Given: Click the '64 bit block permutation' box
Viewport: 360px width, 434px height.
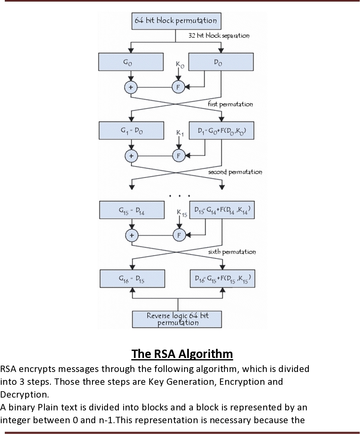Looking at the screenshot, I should click(x=176, y=21).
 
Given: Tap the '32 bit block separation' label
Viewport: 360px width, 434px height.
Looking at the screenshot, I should click(x=219, y=36).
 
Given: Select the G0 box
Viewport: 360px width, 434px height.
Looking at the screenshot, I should click(x=131, y=62).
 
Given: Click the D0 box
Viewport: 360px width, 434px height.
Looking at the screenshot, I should click(x=220, y=62).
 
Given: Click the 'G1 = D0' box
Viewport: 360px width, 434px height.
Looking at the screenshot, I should click(x=131, y=130).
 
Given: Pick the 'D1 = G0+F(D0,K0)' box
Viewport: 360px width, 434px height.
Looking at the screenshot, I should click(x=221, y=130).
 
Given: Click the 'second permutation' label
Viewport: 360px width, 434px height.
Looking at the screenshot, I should click(x=235, y=172).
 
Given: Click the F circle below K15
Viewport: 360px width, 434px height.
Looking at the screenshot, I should click(x=178, y=235).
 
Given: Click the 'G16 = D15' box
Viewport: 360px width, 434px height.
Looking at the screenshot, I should click(x=132, y=278).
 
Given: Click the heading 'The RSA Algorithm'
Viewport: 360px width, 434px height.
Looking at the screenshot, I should click(x=182, y=354).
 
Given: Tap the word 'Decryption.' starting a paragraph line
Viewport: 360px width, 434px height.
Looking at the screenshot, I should click(x=24, y=394).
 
